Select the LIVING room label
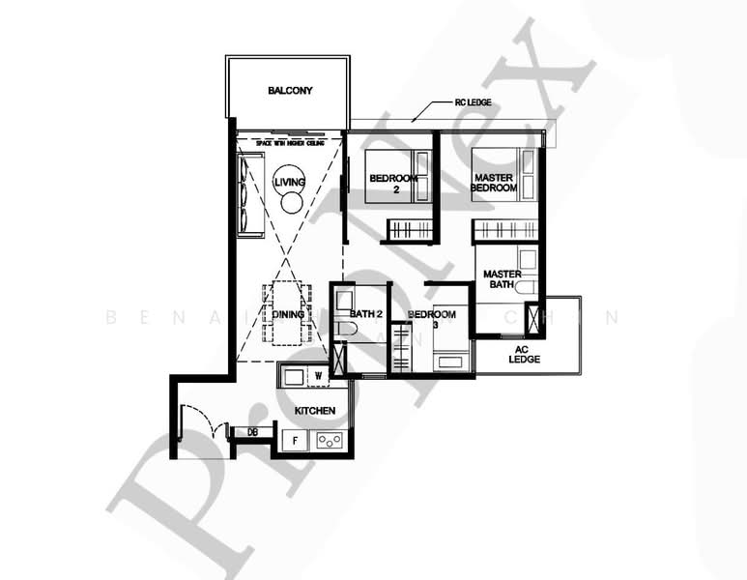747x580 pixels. click(288, 182)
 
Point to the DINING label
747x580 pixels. click(288, 315)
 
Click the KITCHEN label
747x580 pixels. click(315, 411)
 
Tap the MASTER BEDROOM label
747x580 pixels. click(495, 181)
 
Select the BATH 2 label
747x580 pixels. click(368, 314)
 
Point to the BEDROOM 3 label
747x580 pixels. click(431, 319)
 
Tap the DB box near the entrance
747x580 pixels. click(253, 432)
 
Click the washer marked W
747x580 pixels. click(317, 374)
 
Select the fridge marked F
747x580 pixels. click(295, 441)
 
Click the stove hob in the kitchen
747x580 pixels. click(330, 441)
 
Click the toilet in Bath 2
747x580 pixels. click(349, 330)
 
